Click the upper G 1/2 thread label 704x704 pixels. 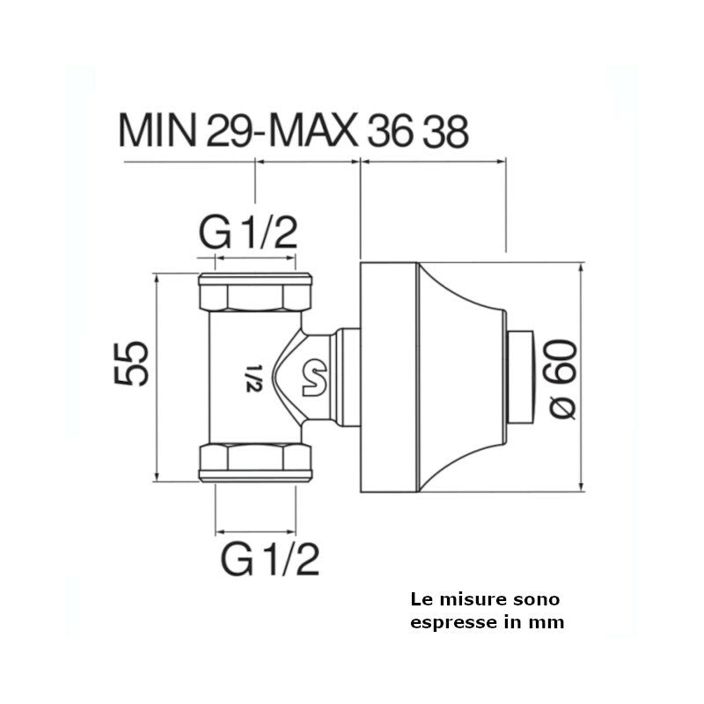[248, 234]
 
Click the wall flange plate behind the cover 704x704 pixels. [387, 377]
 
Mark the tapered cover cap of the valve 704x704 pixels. [458, 377]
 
